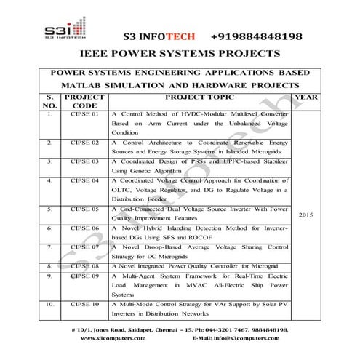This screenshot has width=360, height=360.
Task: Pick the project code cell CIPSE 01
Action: [79, 115]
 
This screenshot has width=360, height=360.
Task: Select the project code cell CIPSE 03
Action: [79, 160]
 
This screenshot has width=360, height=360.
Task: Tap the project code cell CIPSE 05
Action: [79, 208]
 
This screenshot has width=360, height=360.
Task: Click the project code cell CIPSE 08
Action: [79, 266]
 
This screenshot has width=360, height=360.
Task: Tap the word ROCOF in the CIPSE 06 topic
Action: [212, 237]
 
